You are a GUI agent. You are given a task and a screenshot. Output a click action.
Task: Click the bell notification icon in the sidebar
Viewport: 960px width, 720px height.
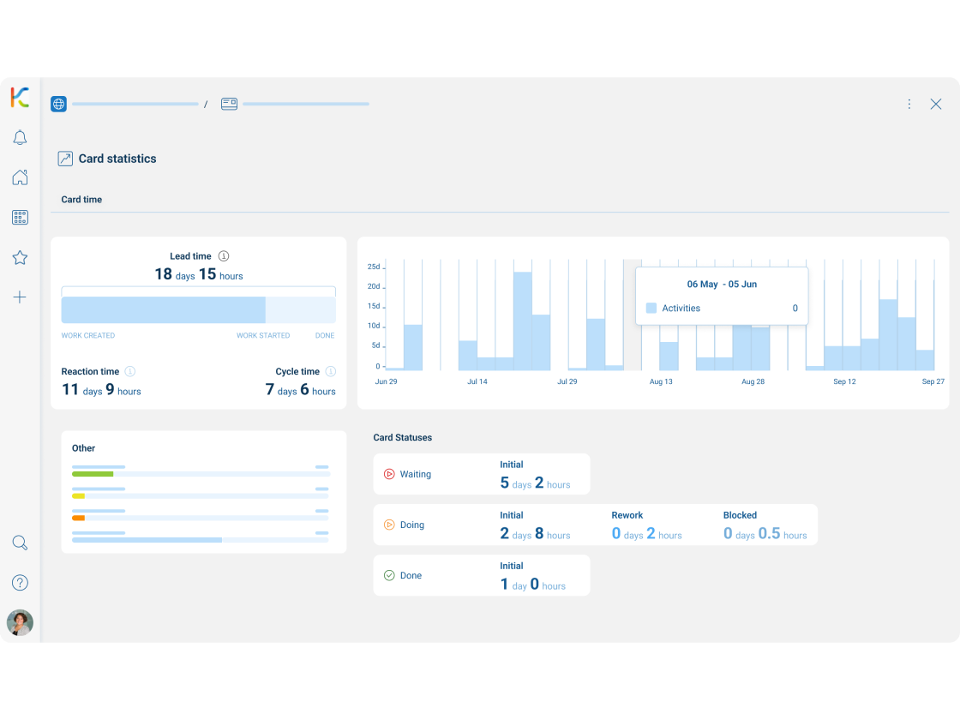20,138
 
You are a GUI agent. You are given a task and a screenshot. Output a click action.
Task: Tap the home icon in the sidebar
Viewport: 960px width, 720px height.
20,177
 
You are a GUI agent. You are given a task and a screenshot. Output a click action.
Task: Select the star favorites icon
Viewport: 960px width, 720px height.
20,257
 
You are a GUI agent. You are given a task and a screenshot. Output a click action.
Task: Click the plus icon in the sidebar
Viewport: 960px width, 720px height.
20,297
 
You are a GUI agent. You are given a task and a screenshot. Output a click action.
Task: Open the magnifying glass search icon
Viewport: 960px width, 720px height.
20,543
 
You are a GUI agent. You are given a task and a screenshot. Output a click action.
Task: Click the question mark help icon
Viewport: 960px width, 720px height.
20,583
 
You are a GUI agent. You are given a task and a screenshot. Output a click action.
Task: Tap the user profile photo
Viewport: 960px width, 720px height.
20,623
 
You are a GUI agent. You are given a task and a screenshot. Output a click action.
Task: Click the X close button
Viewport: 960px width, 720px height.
936,104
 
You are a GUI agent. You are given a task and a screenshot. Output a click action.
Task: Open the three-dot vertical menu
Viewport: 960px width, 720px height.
909,104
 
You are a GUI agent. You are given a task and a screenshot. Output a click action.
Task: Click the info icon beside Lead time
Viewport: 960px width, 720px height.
224,256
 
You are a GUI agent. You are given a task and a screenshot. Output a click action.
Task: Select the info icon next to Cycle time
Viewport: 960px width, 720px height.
331,372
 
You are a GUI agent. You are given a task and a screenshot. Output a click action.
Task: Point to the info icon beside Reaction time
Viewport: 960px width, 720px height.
130,372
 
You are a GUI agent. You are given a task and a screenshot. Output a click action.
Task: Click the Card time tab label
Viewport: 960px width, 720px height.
81,200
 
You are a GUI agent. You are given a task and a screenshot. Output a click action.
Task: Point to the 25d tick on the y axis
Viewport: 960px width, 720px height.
374,267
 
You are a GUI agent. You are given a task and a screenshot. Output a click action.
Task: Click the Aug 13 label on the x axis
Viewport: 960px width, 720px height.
661,381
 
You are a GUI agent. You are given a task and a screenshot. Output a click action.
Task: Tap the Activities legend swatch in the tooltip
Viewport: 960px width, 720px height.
651,309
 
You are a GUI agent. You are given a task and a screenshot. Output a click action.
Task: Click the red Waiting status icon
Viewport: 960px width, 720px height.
389,474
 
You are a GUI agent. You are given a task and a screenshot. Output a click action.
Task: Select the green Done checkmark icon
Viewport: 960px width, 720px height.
389,576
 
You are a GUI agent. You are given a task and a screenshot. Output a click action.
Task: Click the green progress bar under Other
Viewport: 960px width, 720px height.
93,474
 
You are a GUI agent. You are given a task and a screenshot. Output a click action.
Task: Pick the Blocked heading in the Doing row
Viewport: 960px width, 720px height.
740,515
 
